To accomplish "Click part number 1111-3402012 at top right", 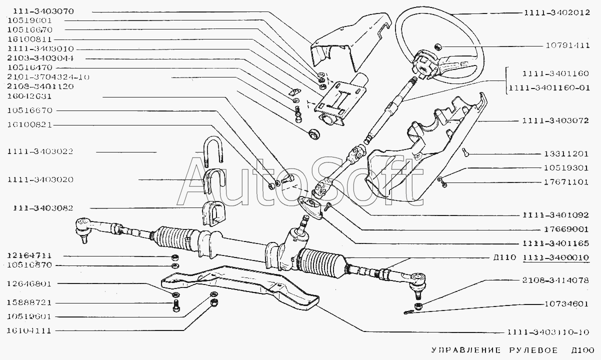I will (557, 13).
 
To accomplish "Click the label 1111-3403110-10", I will (548, 332).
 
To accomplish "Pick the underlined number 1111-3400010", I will (555, 258).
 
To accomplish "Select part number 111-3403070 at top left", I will (39, 10).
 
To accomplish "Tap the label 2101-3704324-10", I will (48, 77).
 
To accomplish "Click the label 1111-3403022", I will (39, 151).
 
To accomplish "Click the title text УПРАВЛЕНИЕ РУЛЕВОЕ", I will (490, 349).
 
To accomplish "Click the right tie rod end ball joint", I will (417, 280).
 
